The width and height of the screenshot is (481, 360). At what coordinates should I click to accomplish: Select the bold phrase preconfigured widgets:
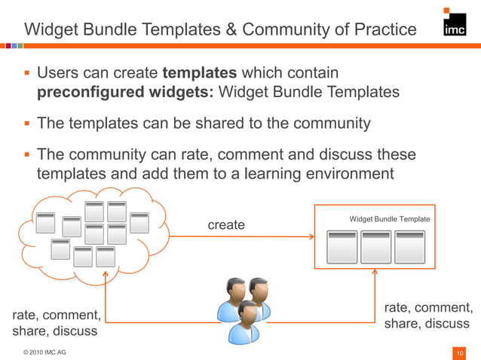[126, 93]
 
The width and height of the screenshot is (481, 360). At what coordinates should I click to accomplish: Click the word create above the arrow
[226, 224]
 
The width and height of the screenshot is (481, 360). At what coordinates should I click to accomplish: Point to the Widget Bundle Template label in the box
[390, 219]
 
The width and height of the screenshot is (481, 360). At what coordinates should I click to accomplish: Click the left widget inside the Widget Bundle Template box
[342, 246]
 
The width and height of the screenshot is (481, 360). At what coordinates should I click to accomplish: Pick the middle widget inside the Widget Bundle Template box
[376, 246]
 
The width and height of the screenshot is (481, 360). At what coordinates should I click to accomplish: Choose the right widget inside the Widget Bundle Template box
[409, 246]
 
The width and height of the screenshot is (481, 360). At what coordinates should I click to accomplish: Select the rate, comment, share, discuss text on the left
[55, 322]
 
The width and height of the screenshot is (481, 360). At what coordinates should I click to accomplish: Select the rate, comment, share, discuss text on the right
[427, 316]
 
